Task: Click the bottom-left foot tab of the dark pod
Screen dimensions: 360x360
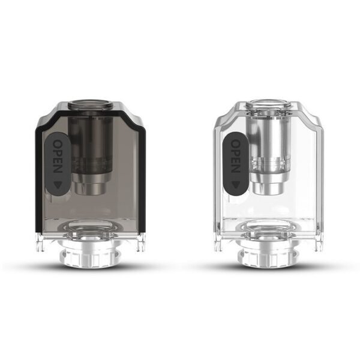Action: (44, 243)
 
